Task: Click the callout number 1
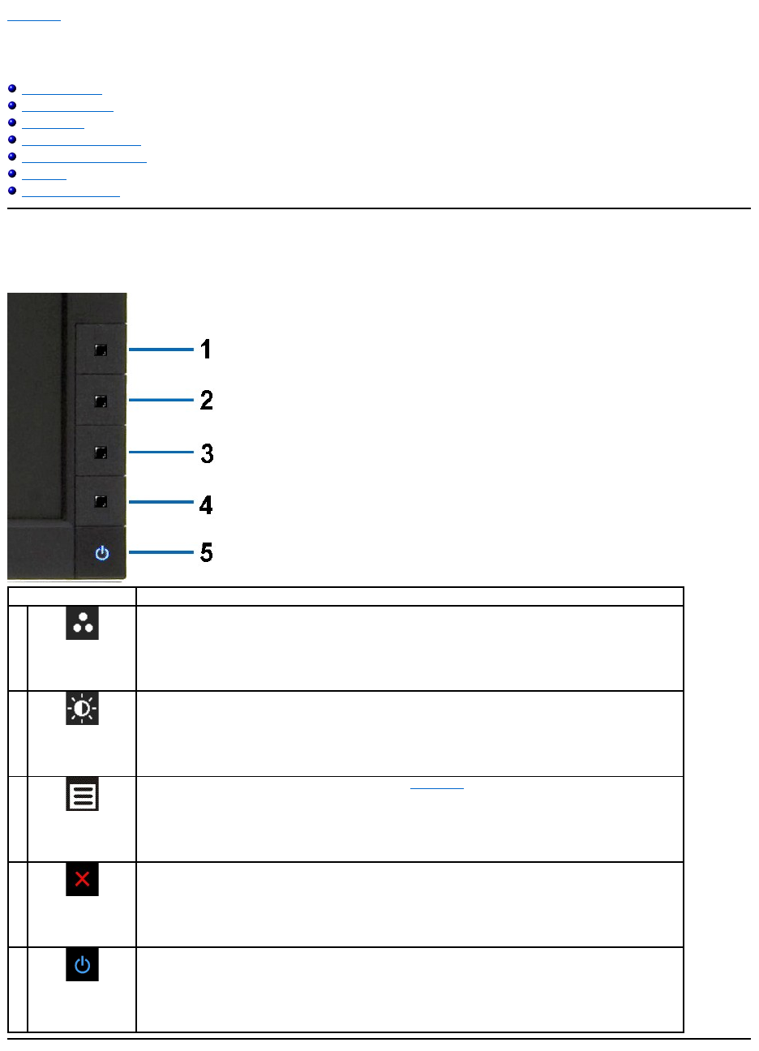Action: tap(206, 350)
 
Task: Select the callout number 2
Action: tap(207, 400)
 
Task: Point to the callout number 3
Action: tap(207, 453)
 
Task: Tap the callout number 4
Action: tap(206, 505)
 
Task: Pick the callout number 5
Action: tap(207, 553)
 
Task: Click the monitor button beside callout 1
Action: tap(101, 350)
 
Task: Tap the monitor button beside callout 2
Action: tap(101, 401)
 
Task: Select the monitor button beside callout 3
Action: tap(101, 453)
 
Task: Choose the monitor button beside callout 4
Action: tap(101, 502)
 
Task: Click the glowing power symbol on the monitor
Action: tap(101, 554)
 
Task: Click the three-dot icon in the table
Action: tap(82, 623)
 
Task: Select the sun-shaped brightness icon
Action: tap(82, 709)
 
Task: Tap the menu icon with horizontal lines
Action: tap(82, 795)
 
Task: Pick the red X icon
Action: tap(82, 879)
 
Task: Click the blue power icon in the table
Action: tap(82, 965)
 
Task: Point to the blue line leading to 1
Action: tap(161, 350)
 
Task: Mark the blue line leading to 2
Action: tap(161, 400)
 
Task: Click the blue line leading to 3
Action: tap(161, 452)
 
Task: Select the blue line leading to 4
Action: tap(161, 503)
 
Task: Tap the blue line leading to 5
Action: tap(161, 553)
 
